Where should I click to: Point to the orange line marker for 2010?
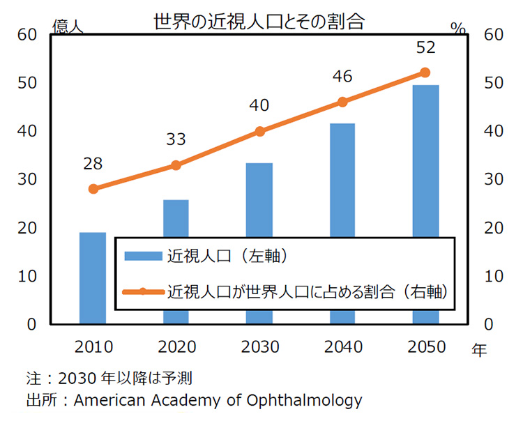point(93,189)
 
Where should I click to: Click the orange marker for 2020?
point(176,165)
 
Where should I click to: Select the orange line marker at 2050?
point(425,72)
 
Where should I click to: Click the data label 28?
point(93,164)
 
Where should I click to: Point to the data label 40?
point(259,106)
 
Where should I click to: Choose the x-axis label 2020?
point(176,346)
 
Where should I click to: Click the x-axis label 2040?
point(342,346)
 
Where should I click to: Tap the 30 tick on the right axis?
point(492,179)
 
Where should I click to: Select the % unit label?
point(457,28)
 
